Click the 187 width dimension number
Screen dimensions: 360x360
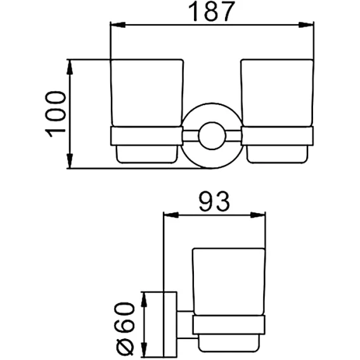click(x=212, y=11)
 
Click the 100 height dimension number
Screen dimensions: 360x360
click(x=56, y=114)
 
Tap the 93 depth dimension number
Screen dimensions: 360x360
click(x=214, y=202)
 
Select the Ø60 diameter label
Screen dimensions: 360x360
click(x=125, y=329)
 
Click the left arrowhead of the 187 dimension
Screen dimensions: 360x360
click(x=118, y=25)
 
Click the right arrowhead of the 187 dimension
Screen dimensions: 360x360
click(x=306, y=25)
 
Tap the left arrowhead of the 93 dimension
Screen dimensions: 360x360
click(x=171, y=215)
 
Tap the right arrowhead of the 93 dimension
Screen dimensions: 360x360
click(x=257, y=215)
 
